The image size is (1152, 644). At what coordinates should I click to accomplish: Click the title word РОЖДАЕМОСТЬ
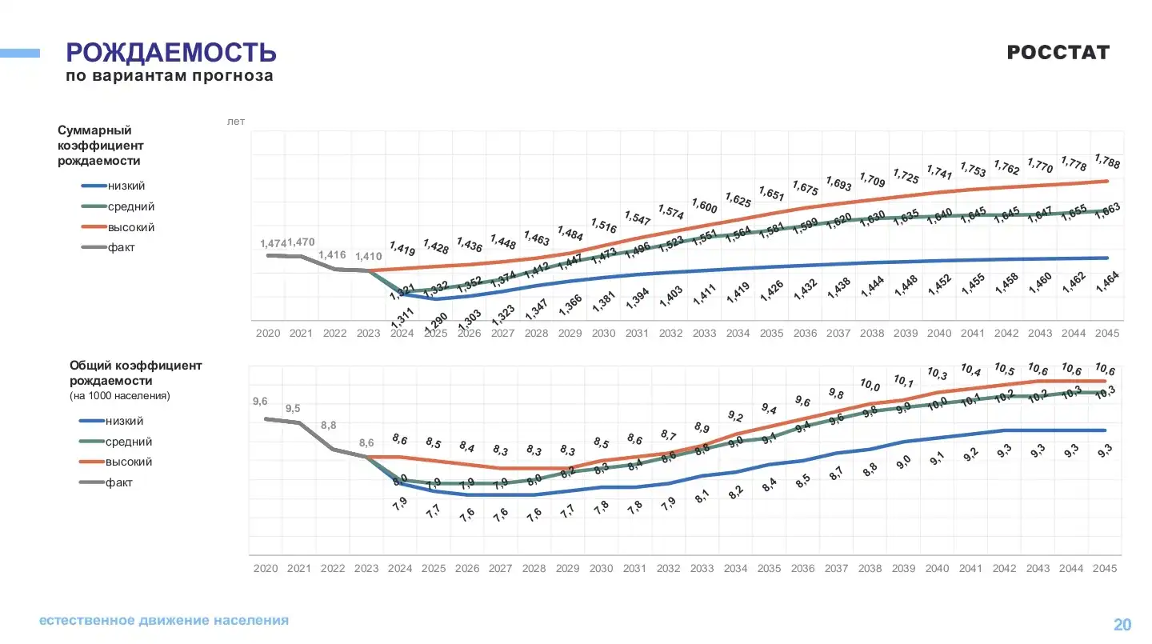pyautogui.click(x=171, y=53)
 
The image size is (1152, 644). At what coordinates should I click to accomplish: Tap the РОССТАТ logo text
pyautogui.click(x=1058, y=53)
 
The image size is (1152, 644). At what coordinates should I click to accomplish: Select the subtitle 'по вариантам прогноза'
pyautogui.click(x=170, y=77)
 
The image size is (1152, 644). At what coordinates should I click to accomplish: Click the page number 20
pyautogui.click(x=1122, y=625)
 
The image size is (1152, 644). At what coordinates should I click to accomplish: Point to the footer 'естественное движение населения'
pyautogui.click(x=164, y=620)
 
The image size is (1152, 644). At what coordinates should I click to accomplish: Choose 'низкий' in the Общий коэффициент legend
pyautogui.click(x=125, y=421)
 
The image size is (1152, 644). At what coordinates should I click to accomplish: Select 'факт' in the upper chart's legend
pyautogui.click(x=122, y=247)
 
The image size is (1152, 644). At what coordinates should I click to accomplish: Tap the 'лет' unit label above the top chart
pyautogui.click(x=236, y=122)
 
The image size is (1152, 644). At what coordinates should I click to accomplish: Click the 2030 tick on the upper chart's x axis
pyautogui.click(x=603, y=333)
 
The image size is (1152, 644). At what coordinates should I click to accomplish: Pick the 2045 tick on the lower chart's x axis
pyautogui.click(x=1106, y=568)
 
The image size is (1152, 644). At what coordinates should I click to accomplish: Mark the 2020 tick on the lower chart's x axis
pyautogui.click(x=266, y=568)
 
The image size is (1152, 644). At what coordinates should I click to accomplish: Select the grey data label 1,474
pyautogui.click(x=272, y=242)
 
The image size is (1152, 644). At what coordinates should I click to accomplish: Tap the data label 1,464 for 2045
pyautogui.click(x=1107, y=283)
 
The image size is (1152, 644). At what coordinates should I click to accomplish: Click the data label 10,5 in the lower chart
pyautogui.click(x=1005, y=369)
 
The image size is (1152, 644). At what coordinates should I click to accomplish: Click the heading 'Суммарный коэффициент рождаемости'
pyautogui.click(x=101, y=145)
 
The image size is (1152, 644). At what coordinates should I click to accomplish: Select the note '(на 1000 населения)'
pyautogui.click(x=120, y=396)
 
